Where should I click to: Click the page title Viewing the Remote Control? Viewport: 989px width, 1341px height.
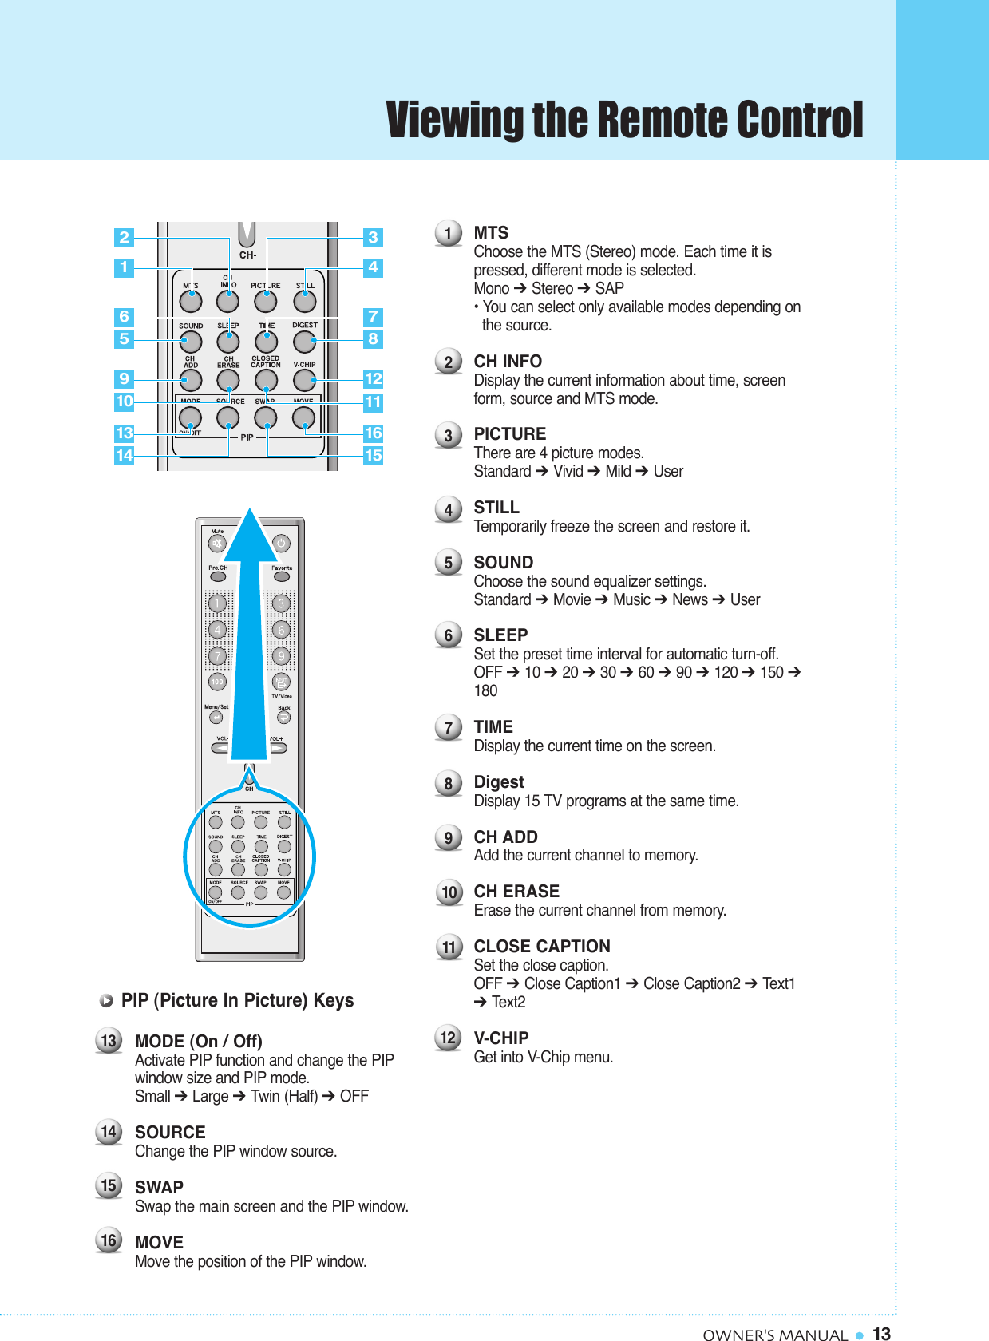pyautogui.click(x=624, y=120)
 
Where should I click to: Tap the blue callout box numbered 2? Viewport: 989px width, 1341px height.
pyautogui.click(x=124, y=237)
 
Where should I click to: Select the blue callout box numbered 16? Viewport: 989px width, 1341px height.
pyautogui.click(x=373, y=433)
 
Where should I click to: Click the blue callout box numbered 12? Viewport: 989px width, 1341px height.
pyautogui.click(x=373, y=378)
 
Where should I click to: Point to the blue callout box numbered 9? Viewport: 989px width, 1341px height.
pyautogui.click(x=124, y=378)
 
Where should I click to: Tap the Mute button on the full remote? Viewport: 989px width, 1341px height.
pyautogui.click(x=217, y=544)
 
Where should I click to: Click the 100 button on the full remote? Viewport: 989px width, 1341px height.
pyautogui.click(x=217, y=682)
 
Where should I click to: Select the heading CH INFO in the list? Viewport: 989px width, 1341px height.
pyautogui.click(x=508, y=362)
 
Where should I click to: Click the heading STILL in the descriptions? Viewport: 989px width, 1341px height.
pyautogui.click(x=496, y=508)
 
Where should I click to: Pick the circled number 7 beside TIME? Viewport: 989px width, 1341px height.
pyautogui.click(x=449, y=727)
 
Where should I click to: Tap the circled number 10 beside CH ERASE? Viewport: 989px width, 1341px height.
pyautogui.click(x=449, y=892)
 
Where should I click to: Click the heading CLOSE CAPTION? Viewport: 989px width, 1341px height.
pyautogui.click(x=542, y=947)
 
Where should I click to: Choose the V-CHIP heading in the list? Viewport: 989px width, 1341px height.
pyautogui.click(x=501, y=1038)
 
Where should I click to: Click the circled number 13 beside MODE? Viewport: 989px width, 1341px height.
pyautogui.click(x=109, y=1041)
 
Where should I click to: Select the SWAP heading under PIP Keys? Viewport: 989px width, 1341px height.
pyautogui.click(x=159, y=1188)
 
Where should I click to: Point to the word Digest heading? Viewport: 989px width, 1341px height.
pyautogui.click(x=499, y=782)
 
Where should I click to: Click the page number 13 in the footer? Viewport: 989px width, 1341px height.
pyautogui.click(x=881, y=1334)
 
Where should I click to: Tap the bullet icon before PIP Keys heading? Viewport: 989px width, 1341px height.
pyautogui.click(x=106, y=1001)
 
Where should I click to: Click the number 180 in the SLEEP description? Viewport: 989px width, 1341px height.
pyautogui.click(x=485, y=691)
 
